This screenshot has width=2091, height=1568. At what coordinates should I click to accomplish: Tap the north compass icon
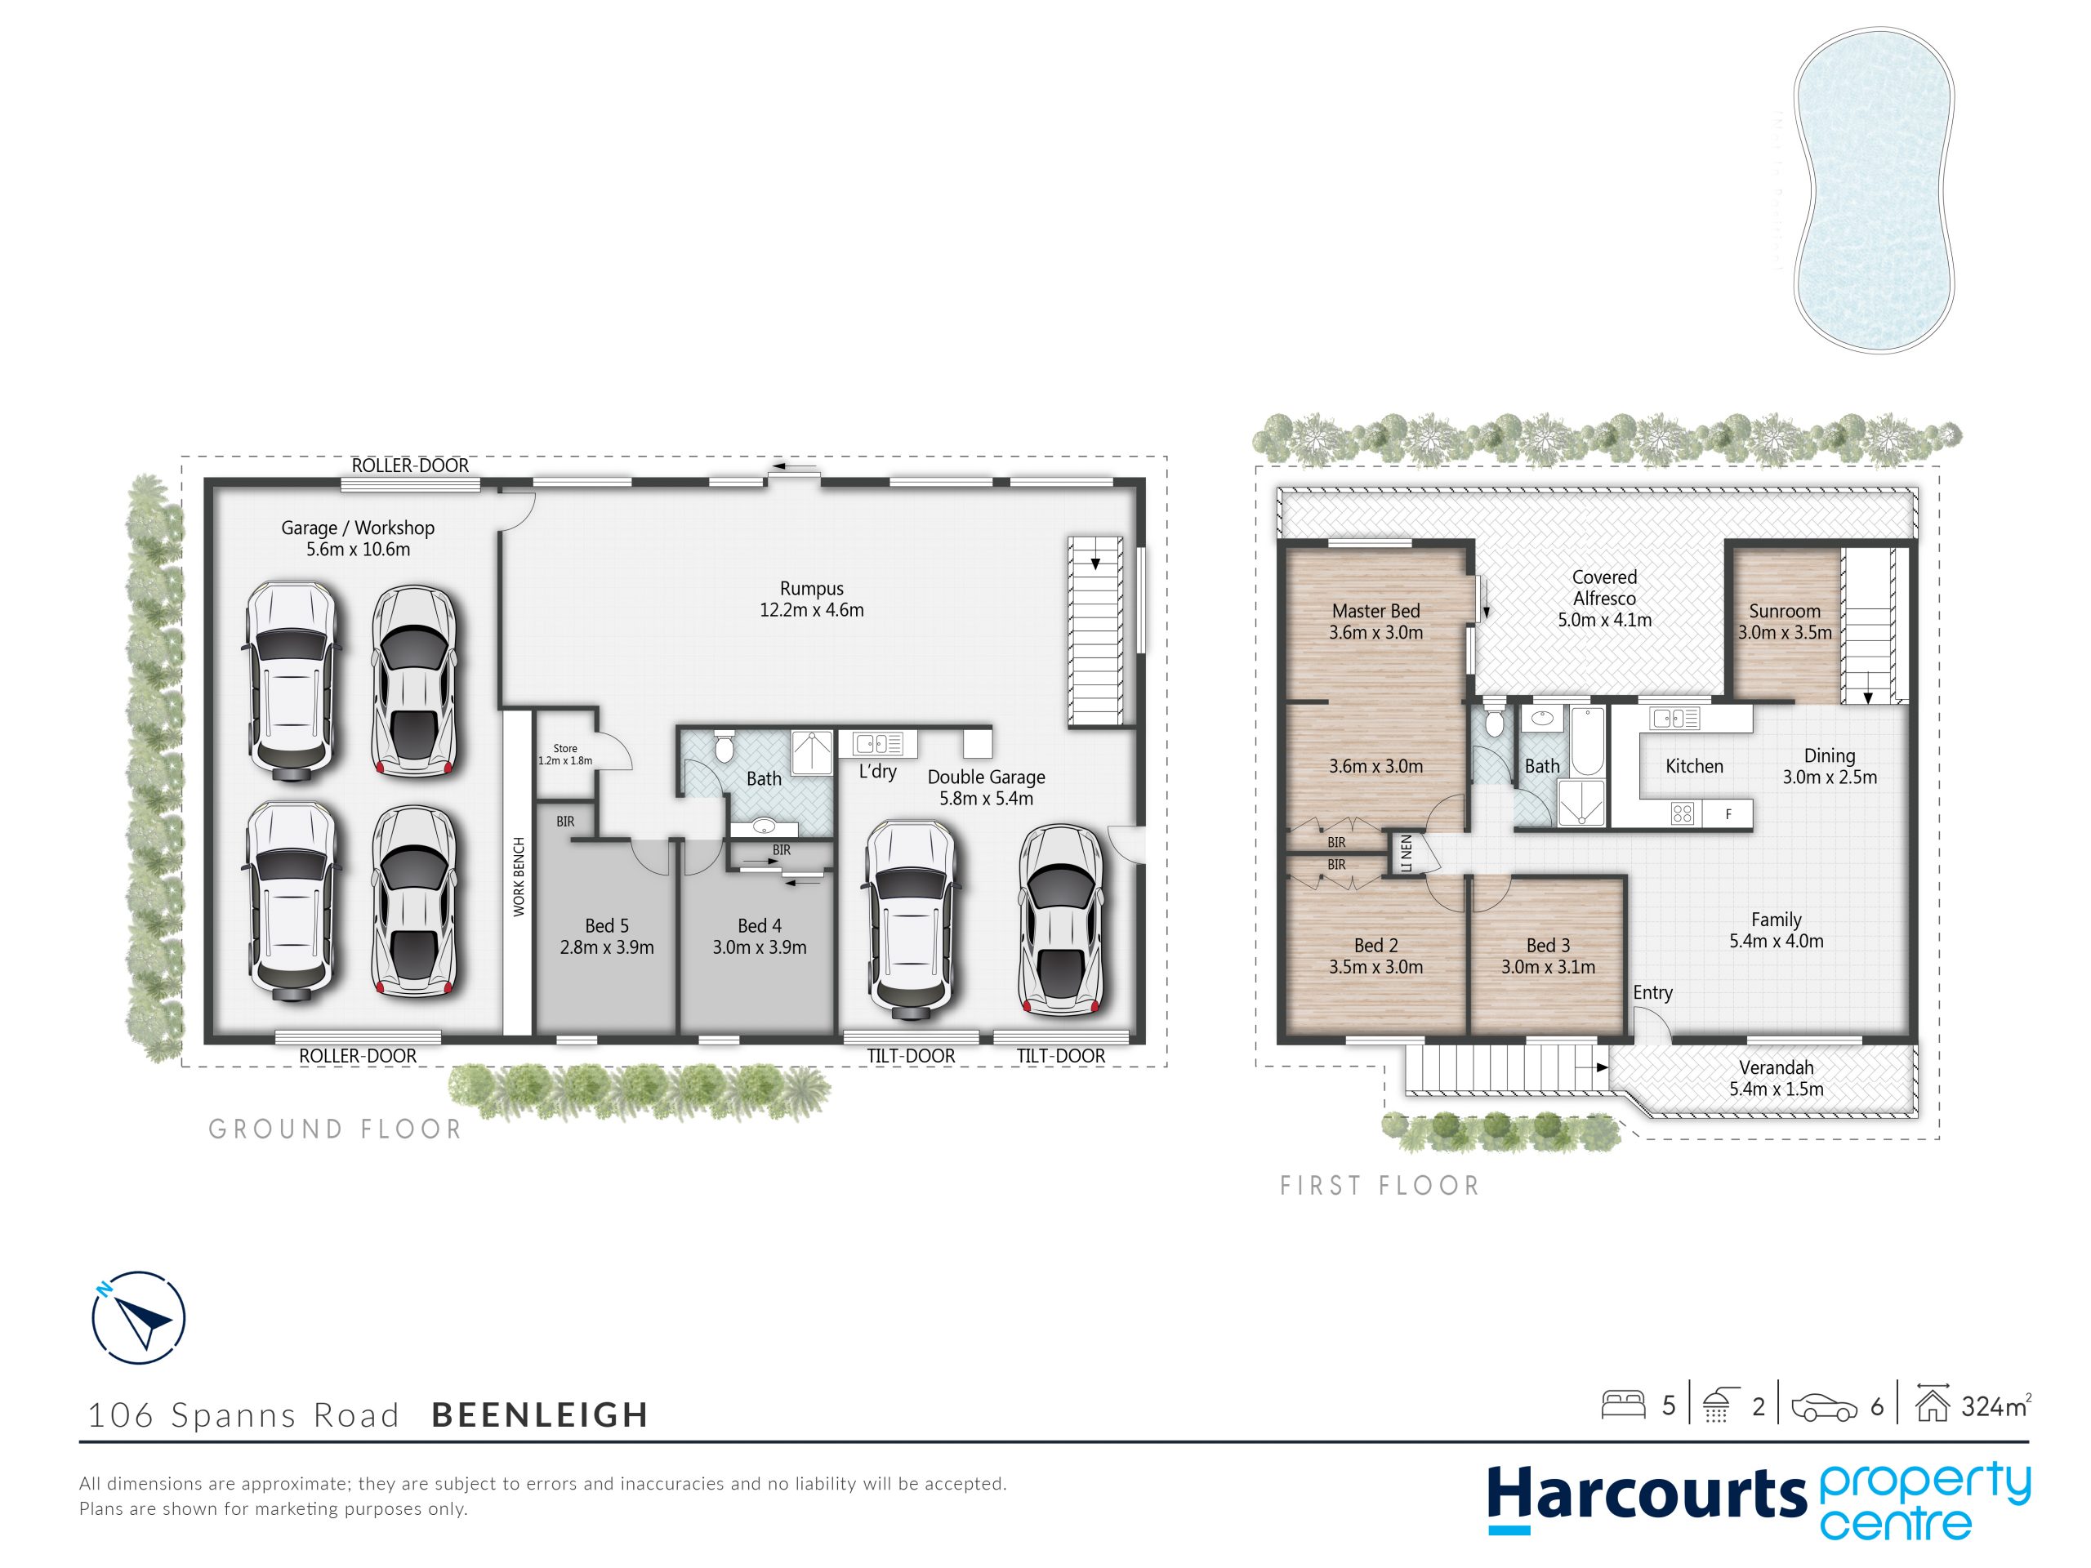click(x=138, y=1317)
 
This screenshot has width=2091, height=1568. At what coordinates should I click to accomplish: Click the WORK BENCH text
click(x=518, y=876)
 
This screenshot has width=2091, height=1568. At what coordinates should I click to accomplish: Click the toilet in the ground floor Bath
click(x=724, y=746)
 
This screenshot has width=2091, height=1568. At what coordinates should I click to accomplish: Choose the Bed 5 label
click(x=607, y=925)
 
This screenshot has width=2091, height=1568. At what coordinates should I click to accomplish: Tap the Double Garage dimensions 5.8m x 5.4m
click(x=986, y=799)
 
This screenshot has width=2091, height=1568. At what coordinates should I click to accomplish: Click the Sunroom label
click(x=1785, y=611)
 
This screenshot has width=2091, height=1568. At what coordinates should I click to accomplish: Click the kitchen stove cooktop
click(x=1683, y=813)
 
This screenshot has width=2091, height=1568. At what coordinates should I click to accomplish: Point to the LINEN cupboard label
click(x=1407, y=853)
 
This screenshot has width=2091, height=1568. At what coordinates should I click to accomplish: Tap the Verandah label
click(x=1777, y=1067)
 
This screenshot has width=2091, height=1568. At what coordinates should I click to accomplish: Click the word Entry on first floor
click(x=1652, y=992)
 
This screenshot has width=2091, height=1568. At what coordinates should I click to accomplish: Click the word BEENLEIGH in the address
click(x=541, y=1415)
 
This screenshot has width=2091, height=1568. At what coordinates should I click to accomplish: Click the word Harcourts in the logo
click(x=1647, y=1496)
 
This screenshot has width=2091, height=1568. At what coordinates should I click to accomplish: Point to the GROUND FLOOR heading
click(x=336, y=1129)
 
